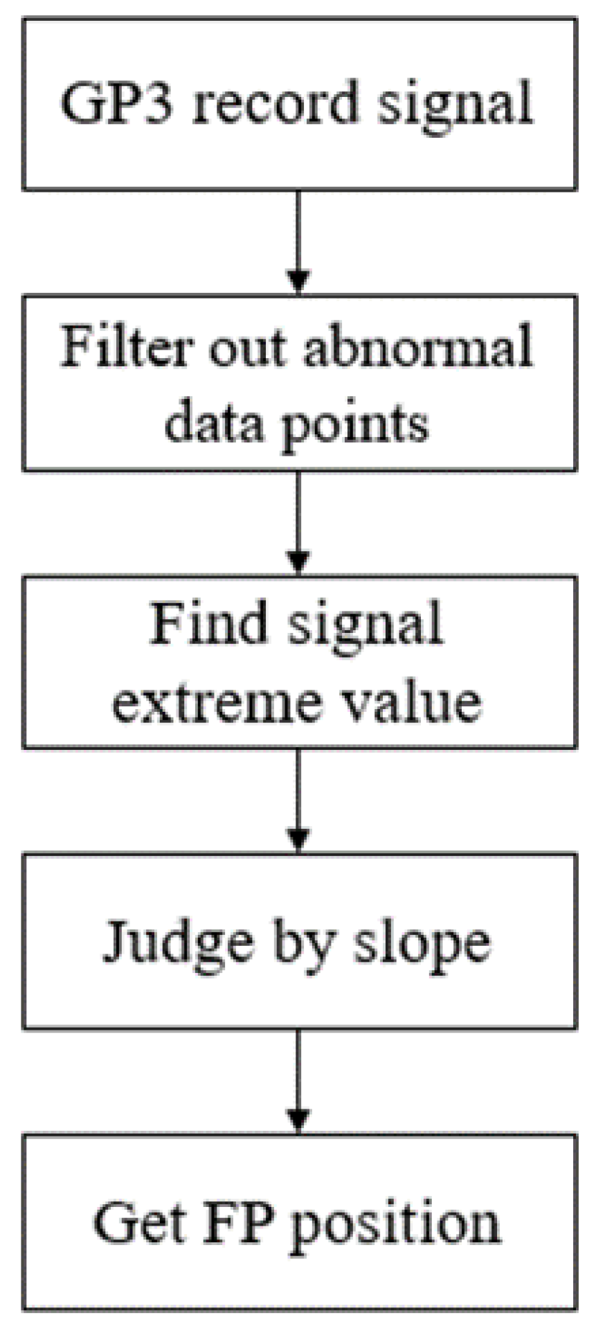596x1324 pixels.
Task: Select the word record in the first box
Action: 272,103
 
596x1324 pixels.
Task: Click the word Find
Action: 208,623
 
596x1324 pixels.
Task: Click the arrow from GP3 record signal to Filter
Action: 298,242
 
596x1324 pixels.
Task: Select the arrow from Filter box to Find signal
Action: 298,523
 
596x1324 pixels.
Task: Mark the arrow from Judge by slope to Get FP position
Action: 298,1080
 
